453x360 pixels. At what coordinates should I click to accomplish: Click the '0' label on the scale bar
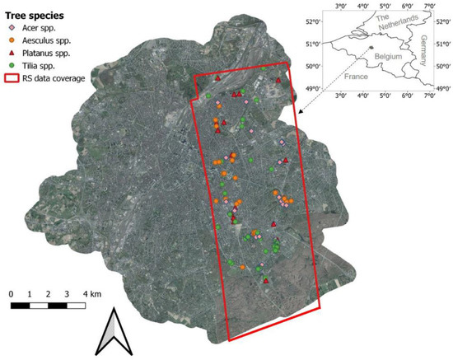(x=12, y=294)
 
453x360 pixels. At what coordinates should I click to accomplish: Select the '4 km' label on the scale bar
(x=91, y=294)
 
